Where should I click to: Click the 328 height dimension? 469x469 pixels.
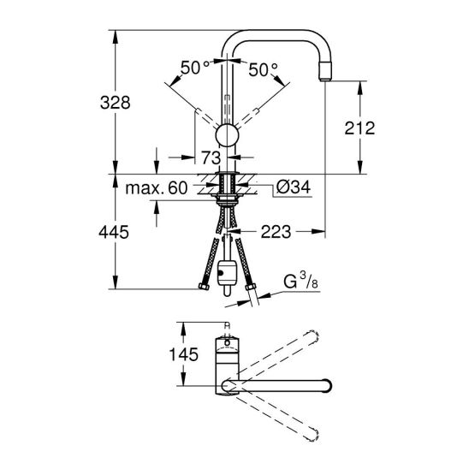coord(116,103)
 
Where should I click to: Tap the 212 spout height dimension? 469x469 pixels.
coord(359,128)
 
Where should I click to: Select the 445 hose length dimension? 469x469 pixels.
coord(114,232)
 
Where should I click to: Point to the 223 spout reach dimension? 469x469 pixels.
coord(276,232)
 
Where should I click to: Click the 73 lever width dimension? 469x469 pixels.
coord(211,157)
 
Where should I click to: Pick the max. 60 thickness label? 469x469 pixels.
coord(157,188)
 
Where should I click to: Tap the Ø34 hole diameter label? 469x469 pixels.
coord(293,187)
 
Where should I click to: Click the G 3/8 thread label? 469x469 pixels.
coord(300,282)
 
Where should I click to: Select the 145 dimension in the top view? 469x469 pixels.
coord(184,354)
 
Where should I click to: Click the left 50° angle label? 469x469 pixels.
coord(195,68)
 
